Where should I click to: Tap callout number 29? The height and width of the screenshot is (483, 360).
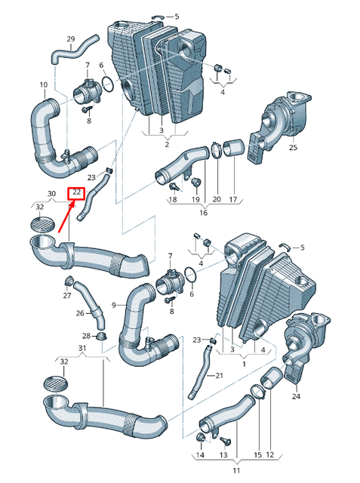[x=71, y=38]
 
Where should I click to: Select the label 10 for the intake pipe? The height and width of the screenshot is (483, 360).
[x=43, y=85]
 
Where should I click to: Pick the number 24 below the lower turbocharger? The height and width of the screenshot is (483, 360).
[x=296, y=395]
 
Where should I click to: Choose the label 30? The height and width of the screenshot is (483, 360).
[x=52, y=194]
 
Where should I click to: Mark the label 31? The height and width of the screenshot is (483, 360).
[x=82, y=347]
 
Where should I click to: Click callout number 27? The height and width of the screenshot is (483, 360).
[x=67, y=296]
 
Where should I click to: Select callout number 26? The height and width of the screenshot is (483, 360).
[x=80, y=313]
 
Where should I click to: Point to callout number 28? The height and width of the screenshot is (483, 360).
[x=87, y=336]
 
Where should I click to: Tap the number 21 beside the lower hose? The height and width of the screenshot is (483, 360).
[x=220, y=375]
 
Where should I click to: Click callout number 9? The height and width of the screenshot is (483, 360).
[x=114, y=305]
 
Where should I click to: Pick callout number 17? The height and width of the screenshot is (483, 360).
[x=233, y=199]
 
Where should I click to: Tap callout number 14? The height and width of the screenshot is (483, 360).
[x=200, y=455]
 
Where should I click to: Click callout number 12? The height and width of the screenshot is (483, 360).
[x=270, y=455]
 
